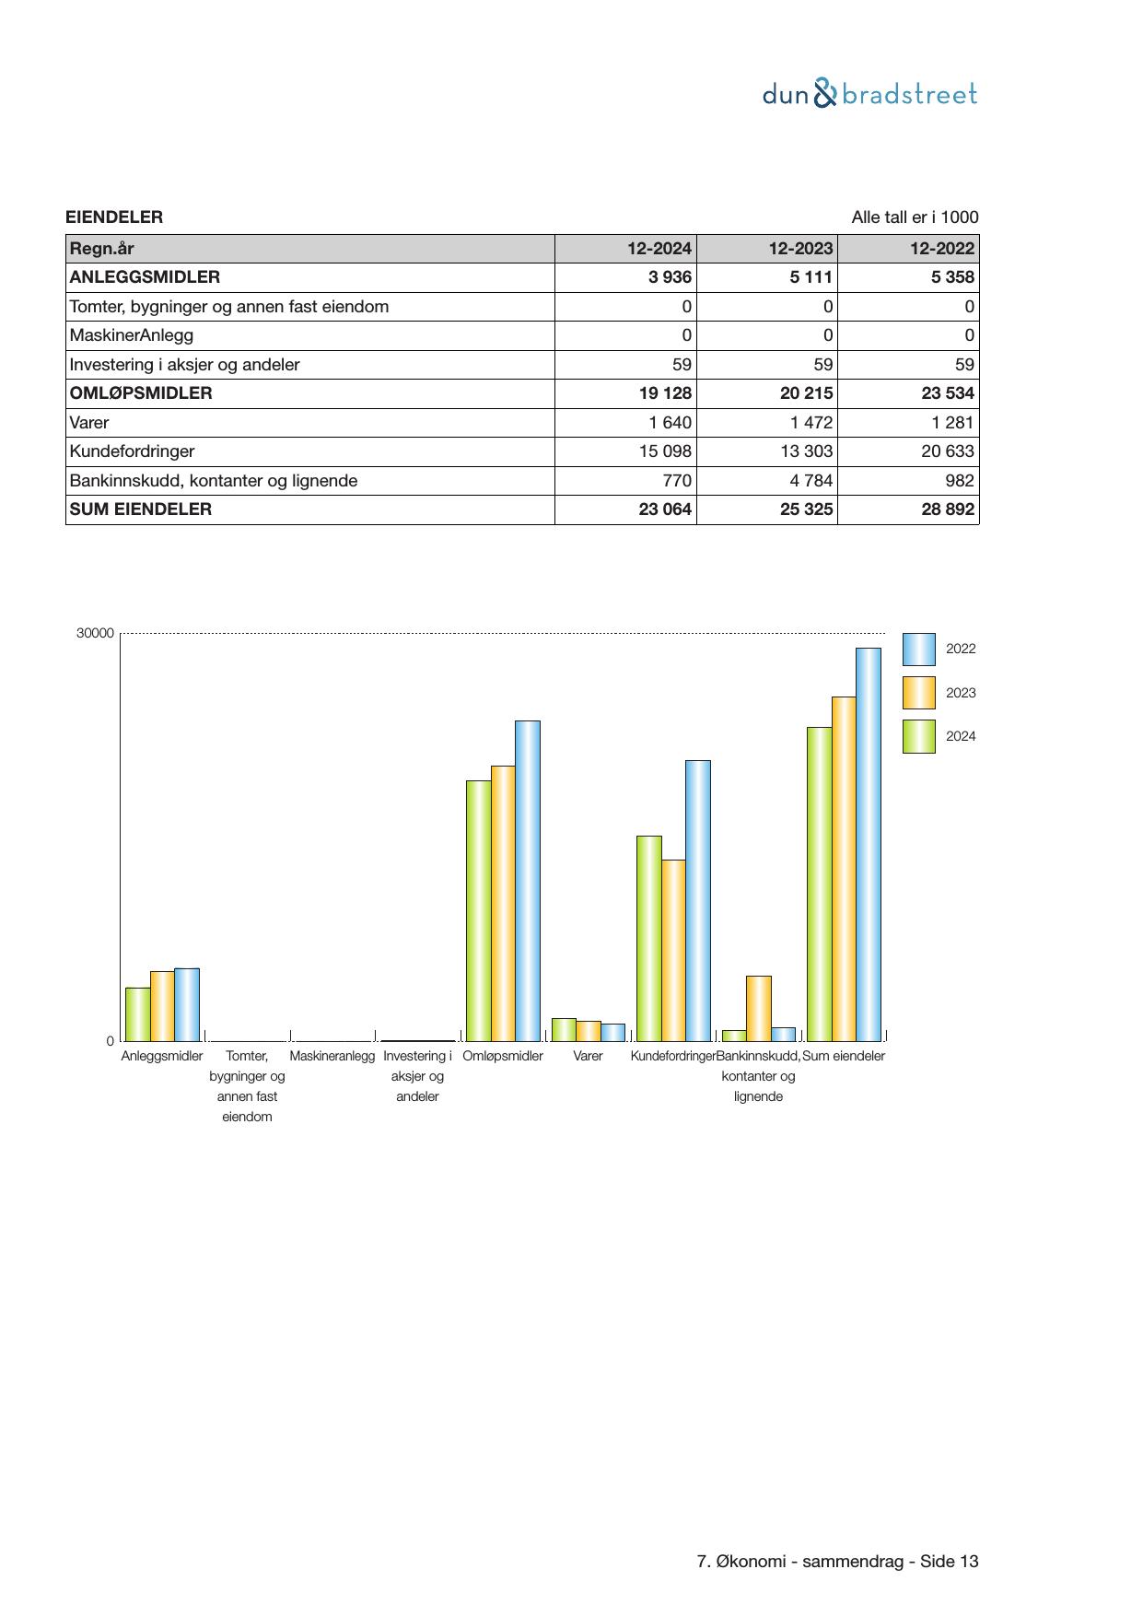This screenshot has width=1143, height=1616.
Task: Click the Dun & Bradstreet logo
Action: [869, 94]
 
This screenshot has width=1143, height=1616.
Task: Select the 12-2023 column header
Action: [800, 248]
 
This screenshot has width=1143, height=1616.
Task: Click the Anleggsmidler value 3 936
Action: [670, 277]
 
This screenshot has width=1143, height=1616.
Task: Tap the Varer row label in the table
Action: [89, 423]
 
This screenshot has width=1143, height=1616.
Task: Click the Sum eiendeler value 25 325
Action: [806, 509]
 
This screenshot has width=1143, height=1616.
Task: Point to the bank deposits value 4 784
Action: [811, 481]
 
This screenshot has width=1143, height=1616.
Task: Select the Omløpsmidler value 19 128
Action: [665, 393]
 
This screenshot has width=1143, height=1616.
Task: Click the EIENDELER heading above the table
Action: [114, 217]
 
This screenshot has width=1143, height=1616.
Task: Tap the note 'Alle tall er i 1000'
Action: [915, 217]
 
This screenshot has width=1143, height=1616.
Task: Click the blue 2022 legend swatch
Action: [918, 650]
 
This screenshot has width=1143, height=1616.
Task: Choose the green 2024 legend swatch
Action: [918, 737]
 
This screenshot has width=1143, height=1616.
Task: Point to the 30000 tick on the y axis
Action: [96, 634]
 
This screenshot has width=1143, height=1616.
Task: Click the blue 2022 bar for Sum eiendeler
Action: [868, 844]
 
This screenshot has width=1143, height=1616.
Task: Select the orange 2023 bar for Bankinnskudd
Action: [758, 1008]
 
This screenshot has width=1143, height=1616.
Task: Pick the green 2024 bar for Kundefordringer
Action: [649, 938]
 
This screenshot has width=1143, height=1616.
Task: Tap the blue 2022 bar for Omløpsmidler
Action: [527, 880]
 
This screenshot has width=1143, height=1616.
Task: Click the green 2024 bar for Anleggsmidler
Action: [138, 1013]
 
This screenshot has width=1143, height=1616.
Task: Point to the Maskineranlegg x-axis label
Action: [332, 1056]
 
